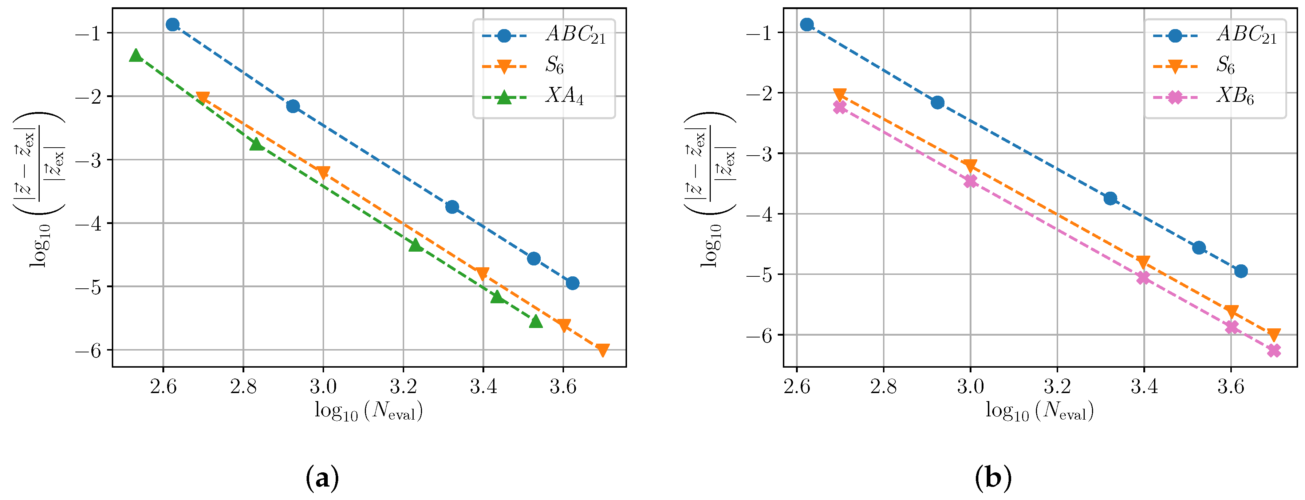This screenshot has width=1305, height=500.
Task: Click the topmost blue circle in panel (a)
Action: tap(172, 24)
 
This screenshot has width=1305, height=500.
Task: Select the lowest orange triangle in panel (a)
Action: tap(602, 350)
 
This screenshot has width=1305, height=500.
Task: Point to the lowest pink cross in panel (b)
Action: tap(1274, 351)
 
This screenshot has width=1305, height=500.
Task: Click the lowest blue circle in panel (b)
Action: tap(1241, 271)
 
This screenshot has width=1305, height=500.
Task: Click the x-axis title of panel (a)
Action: tap(368, 411)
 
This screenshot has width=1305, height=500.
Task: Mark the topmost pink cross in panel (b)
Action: tap(840, 107)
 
